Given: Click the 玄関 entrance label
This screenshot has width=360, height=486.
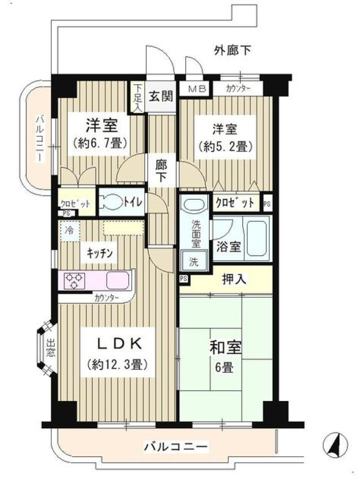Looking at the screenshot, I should pyautogui.click(x=161, y=96).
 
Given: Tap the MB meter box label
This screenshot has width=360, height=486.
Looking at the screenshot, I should pyautogui.click(x=197, y=89).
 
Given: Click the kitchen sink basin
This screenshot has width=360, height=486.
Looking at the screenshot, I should pyautogui.click(x=118, y=280).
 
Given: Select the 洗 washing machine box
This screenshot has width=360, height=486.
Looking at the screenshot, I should pyautogui.click(x=193, y=262).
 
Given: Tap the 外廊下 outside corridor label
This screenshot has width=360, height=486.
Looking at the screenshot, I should pyautogui.click(x=232, y=50).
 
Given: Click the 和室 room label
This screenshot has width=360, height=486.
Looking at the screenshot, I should pyautogui.click(x=225, y=348).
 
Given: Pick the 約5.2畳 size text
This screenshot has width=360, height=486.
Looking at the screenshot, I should pyautogui.click(x=224, y=147).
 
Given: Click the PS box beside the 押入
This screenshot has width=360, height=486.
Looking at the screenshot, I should pyautogui.click(x=183, y=278).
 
